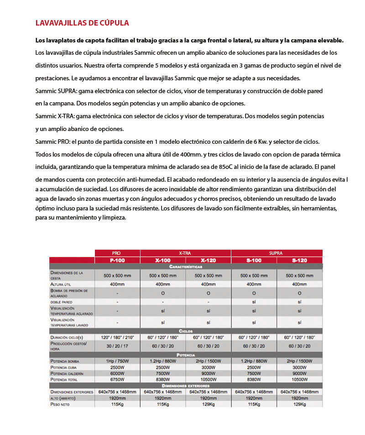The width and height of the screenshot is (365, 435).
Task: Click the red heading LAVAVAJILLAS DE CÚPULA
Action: point(82,23)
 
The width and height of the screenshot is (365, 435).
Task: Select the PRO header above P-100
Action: point(117,253)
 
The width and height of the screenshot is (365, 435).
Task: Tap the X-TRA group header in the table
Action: point(185,253)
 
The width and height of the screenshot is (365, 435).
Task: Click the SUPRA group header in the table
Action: point(276,253)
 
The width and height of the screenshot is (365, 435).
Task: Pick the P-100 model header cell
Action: point(117,260)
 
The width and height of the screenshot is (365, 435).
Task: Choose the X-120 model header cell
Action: point(208,260)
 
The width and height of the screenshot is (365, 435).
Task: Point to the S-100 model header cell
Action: point(254,260)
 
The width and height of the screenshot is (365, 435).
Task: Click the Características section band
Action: point(186,266)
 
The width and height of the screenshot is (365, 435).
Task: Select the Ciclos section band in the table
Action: point(186,330)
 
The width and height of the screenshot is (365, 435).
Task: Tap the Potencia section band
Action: point(186,355)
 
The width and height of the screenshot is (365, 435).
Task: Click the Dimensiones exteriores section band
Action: point(186,386)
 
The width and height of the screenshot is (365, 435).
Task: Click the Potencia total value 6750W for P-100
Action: point(117,379)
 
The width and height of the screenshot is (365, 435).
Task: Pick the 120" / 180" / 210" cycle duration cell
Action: point(117,337)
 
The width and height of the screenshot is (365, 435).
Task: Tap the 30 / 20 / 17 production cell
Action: point(117,346)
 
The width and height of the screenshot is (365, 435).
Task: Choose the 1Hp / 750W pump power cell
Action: point(117,361)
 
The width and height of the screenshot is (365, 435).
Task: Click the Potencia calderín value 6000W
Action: point(117,373)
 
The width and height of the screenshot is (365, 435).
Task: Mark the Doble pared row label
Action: point(62,302)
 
